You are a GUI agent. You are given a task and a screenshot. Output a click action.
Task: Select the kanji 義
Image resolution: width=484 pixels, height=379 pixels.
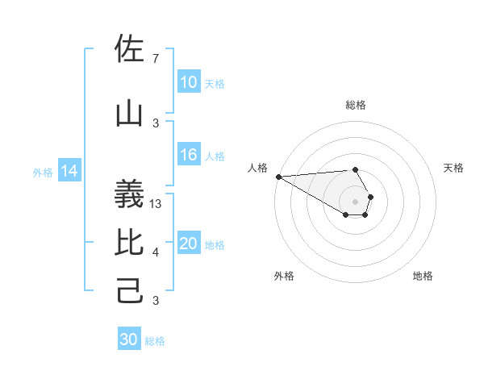(129, 194)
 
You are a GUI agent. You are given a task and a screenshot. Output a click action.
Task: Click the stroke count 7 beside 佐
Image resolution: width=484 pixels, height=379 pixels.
(155, 59)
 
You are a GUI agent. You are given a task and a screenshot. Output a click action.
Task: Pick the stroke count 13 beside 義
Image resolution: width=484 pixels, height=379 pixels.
(156, 204)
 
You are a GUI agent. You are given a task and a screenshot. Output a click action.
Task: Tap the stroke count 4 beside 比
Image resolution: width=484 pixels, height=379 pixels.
(155, 252)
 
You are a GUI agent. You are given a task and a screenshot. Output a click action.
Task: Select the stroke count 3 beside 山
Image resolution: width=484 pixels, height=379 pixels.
(155, 123)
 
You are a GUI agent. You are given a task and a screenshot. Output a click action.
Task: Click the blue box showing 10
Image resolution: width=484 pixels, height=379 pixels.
(189, 82)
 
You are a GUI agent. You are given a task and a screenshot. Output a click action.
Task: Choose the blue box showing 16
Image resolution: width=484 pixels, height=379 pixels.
(189, 156)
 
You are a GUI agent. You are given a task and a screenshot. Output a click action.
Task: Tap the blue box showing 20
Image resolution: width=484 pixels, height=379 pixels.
(189, 244)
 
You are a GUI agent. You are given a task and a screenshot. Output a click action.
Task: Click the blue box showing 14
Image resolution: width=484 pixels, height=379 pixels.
(69, 171)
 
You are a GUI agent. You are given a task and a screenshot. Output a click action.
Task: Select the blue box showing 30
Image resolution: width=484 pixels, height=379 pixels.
(129, 339)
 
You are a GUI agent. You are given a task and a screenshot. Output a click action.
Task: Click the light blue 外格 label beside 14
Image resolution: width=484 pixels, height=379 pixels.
(43, 172)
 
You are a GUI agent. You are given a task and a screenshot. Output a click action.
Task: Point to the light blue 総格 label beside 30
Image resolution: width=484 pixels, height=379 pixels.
(155, 341)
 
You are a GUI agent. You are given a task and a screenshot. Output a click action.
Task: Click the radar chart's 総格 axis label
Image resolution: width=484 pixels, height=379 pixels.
(356, 105)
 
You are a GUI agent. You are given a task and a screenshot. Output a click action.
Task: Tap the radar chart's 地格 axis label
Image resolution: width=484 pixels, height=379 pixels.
(423, 276)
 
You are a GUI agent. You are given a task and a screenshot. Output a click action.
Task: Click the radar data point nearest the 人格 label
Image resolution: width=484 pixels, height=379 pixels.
(278, 177)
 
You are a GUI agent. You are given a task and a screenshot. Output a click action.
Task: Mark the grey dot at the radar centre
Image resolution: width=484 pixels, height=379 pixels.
(356, 201)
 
